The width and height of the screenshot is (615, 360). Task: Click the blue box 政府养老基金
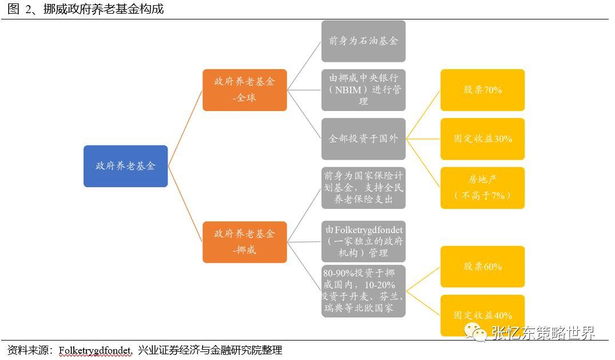click(x=125, y=166)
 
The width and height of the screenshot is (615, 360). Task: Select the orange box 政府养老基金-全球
click(x=244, y=90)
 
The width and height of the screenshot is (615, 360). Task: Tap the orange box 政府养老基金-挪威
click(x=244, y=242)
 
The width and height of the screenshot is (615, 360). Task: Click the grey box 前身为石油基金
click(x=363, y=41)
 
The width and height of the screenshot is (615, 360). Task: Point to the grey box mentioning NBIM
click(x=363, y=90)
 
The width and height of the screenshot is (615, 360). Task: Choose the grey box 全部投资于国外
click(x=363, y=139)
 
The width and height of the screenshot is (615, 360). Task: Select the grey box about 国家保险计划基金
click(x=363, y=188)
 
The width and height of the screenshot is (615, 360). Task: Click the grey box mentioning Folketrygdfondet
click(x=363, y=242)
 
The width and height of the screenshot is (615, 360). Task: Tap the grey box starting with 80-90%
click(x=363, y=291)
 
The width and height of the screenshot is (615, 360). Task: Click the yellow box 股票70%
click(x=482, y=90)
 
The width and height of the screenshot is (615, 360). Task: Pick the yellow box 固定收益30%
click(x=482, y=139)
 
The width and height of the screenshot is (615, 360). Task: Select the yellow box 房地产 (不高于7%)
click(x=482, y=188)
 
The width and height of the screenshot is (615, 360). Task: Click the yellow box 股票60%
click(x=482, y=267)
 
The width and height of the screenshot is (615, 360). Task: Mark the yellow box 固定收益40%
click(x=482, y=315)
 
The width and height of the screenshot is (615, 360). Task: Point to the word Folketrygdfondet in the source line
click(x=96, y=350)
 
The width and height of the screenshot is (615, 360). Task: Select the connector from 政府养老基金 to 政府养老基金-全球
click(x=185, y=128)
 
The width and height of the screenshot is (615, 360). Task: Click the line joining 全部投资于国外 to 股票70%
click(x=423, y=114)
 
